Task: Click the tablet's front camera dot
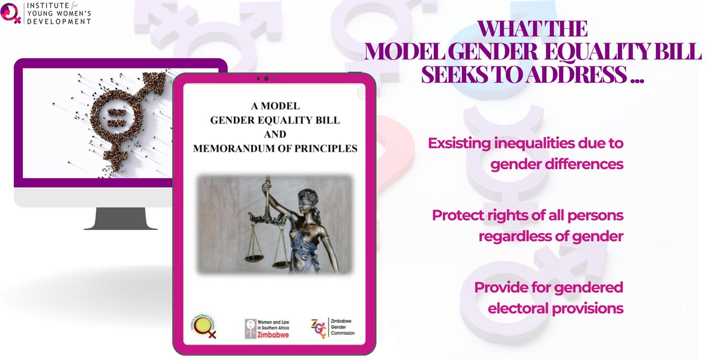[266, 79]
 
